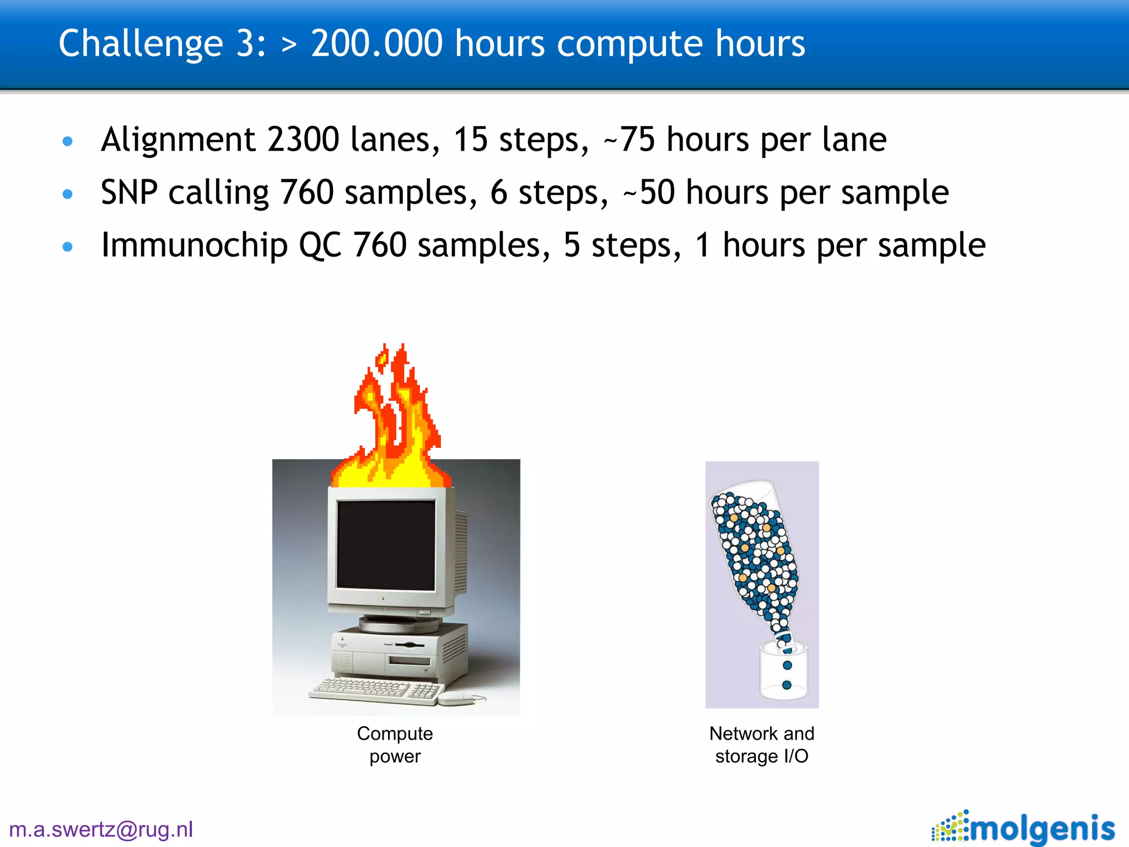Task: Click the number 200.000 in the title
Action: pyautogui.click(x=377, y=44)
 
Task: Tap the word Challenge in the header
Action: pyautogui.click(x=140, y=44)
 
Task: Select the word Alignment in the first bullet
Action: pyautogui.click(x=178, y=140)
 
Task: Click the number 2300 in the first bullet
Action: pyautogui.click(x=303, y=140)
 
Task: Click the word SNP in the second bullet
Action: pyautogui.click(x=129, y=192)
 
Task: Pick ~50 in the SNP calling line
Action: pyautogui.click(x=648, y=192)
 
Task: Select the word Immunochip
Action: pyautogui.click(x=194, y=245)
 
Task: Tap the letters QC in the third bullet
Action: pyautogui.click(x=320, y=245)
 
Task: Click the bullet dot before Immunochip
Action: pyautogui.click(x=67, y=246)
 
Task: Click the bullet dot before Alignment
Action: pyautogui.click(x=67, y=141)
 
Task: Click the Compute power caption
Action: pyautogui.click(x=395, y=744)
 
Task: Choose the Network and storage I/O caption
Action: pyautogui.click(x=762, y=744)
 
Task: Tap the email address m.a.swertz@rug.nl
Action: pyautogui.click(x=101, y=829)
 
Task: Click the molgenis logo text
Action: pyautogui.click(x=1042, y=828)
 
